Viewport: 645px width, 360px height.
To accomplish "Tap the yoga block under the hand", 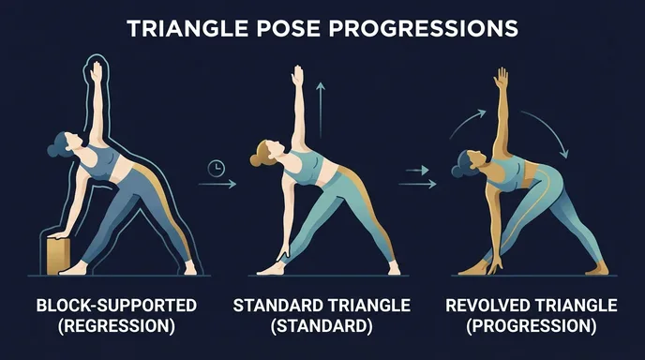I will tap(60, 254).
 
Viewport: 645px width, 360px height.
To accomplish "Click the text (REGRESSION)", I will tap(115, 327).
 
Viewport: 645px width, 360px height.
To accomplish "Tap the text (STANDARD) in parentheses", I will tap(322, 327).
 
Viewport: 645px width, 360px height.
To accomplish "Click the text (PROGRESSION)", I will tap(532, 327).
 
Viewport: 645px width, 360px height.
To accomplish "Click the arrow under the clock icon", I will tap(217, 186).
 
